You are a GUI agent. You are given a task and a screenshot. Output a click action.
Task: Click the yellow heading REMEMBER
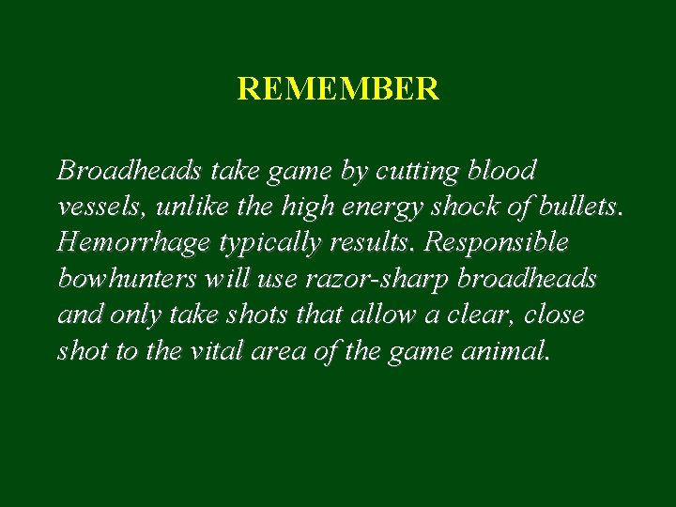click(338, 89)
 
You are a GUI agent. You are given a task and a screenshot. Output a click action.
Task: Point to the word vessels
click(97, 207)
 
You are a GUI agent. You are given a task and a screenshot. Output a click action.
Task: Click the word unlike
click(187, 207)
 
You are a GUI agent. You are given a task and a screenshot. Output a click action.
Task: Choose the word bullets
click(572, 207)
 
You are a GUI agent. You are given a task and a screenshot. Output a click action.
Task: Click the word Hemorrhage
click(133, 243)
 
